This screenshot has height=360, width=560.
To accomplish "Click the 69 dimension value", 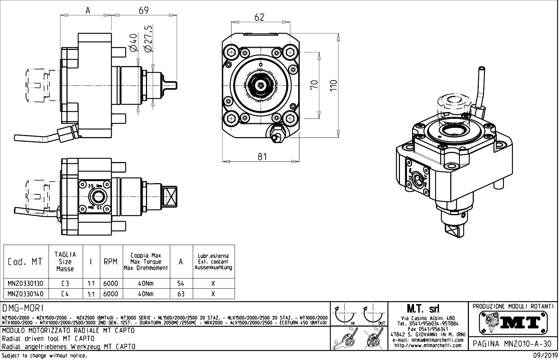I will click(x=144, y=10).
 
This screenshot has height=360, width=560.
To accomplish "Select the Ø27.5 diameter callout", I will click(x=148, y=39).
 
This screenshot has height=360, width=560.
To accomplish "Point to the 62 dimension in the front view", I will click(x=259, y=17).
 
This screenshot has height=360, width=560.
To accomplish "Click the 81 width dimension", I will click(x=262, y=156).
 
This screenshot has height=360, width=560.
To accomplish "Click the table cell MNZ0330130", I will click(x=26, y=284).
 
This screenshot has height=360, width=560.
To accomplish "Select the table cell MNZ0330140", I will click(x=26, y=294).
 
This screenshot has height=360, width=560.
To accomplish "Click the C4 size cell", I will click(x=65, y=294).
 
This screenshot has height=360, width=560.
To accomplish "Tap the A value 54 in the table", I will click(x=181, y=284).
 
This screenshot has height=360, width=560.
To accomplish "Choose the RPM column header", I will click(x=110, y=262).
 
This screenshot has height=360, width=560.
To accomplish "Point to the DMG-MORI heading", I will click(x=23, y=308).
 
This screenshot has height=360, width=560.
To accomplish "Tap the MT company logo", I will click(x=513, y=321).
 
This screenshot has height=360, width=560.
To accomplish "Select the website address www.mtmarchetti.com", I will click(x=428, y=345).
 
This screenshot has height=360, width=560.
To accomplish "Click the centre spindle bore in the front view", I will click(x=261, y=85).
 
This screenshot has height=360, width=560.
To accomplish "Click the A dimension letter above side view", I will click(x=88, y=11).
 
